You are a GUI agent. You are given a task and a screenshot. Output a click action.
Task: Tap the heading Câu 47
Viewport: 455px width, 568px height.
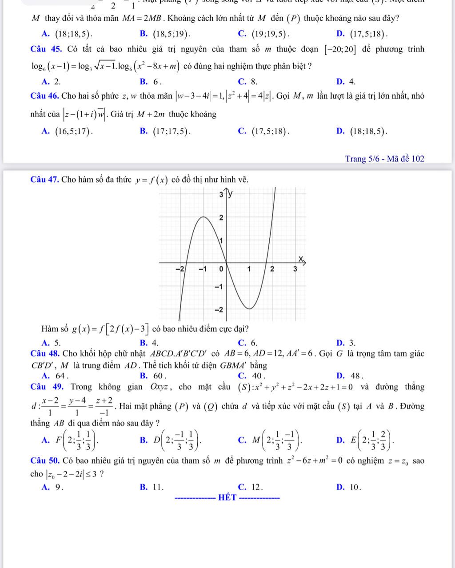(45, 180)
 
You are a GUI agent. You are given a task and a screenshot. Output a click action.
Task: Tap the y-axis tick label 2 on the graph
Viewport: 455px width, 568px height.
(221, 217)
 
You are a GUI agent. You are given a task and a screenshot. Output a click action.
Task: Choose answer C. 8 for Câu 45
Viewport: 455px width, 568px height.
(247, 81)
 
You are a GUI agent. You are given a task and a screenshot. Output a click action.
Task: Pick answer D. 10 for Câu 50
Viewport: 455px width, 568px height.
(347, 486)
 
